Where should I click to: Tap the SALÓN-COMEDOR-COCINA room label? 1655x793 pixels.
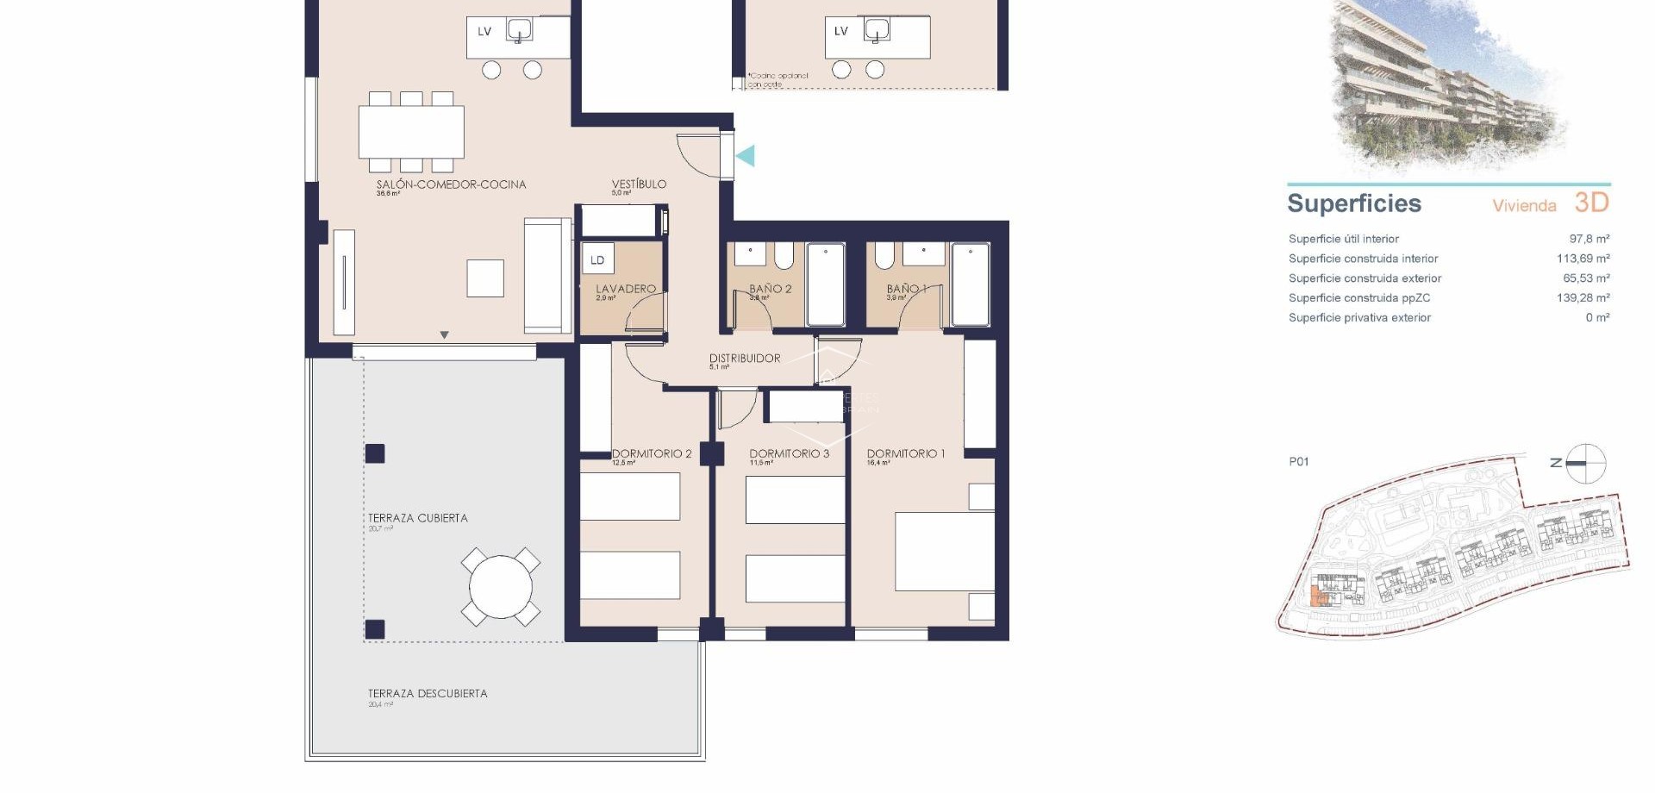[x=451, y=184]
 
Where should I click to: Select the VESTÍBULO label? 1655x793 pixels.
[x=639, y=184]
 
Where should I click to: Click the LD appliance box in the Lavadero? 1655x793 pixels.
[x=597, y=259]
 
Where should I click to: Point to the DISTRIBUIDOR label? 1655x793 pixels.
[x=745, y=359]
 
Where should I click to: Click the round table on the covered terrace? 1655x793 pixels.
[x=501, y=587]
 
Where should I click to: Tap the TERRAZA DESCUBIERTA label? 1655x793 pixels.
[x=428, y=694]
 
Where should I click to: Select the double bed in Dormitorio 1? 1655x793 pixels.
[x=945, y=552]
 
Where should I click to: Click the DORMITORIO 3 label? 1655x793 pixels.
[x=789, y=453]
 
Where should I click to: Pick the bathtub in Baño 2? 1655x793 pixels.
[x=826, y=285]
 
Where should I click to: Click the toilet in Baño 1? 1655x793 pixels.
[x=884, y=256]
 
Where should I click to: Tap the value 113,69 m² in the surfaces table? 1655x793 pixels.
[x=1583, y=259]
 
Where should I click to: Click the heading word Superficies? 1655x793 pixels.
[x=1353, y=204]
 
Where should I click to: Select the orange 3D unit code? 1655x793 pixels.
[x=1591, y=203]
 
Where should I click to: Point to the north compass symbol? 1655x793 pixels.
[x=1585, y=464]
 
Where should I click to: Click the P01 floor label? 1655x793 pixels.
[x=1298, y=462]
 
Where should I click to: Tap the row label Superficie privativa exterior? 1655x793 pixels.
[x=1359, y=318]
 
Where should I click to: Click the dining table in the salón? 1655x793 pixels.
[x=411, y=132]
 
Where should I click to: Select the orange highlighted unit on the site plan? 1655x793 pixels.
[x=1316, y=596]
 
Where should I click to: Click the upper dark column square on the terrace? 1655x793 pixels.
[x=375, y=453]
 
